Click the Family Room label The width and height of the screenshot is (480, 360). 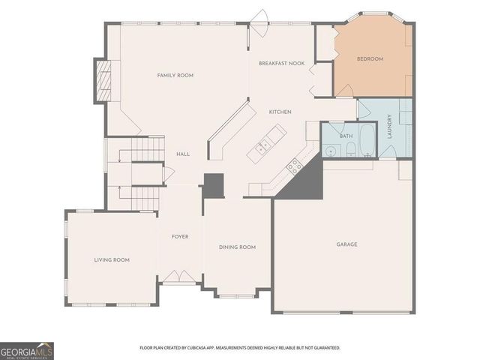[x=175, y=75]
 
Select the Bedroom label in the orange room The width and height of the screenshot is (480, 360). [x=370, y=58]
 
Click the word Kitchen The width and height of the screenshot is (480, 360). [x=280, y=112]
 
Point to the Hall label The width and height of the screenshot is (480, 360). [x=182, y=154]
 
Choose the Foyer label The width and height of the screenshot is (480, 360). [x=180, y=237]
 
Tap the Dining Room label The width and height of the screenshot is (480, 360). [x=237, y=247]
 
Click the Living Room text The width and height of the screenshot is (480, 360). [x=112, y=260]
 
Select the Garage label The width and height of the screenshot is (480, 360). [x=346, y=244]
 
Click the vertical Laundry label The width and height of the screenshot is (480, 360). [x=390, y=127]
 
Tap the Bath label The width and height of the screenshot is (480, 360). [x=346, y=136]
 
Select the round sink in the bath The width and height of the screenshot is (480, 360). [x=331, y=151]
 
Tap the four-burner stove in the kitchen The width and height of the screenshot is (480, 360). [x=295, y=166]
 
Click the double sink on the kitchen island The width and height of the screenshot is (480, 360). [x=262, y=148]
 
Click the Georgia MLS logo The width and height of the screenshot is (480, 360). [x=27, y=350]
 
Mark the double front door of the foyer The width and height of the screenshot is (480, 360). [x=180, y=277]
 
